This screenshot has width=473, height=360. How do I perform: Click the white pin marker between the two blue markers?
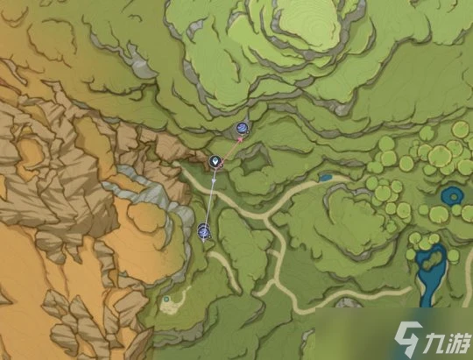(215, 162)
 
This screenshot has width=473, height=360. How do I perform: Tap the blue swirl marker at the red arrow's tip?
(242, 131)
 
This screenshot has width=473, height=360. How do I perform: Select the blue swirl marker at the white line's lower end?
(204, 231)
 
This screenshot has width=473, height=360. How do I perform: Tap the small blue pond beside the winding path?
(326, 178)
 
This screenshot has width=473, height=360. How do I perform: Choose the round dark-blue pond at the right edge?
(453, 195)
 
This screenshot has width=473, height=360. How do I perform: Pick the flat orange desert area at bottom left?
(35, 289)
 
